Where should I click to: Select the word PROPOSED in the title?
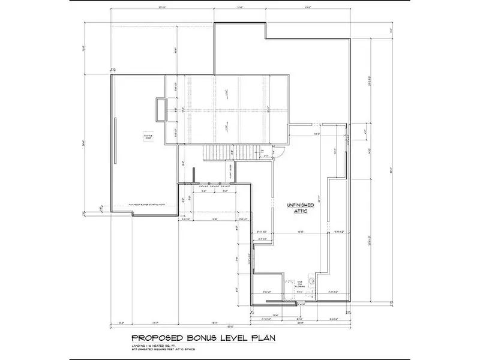point(153,338)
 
